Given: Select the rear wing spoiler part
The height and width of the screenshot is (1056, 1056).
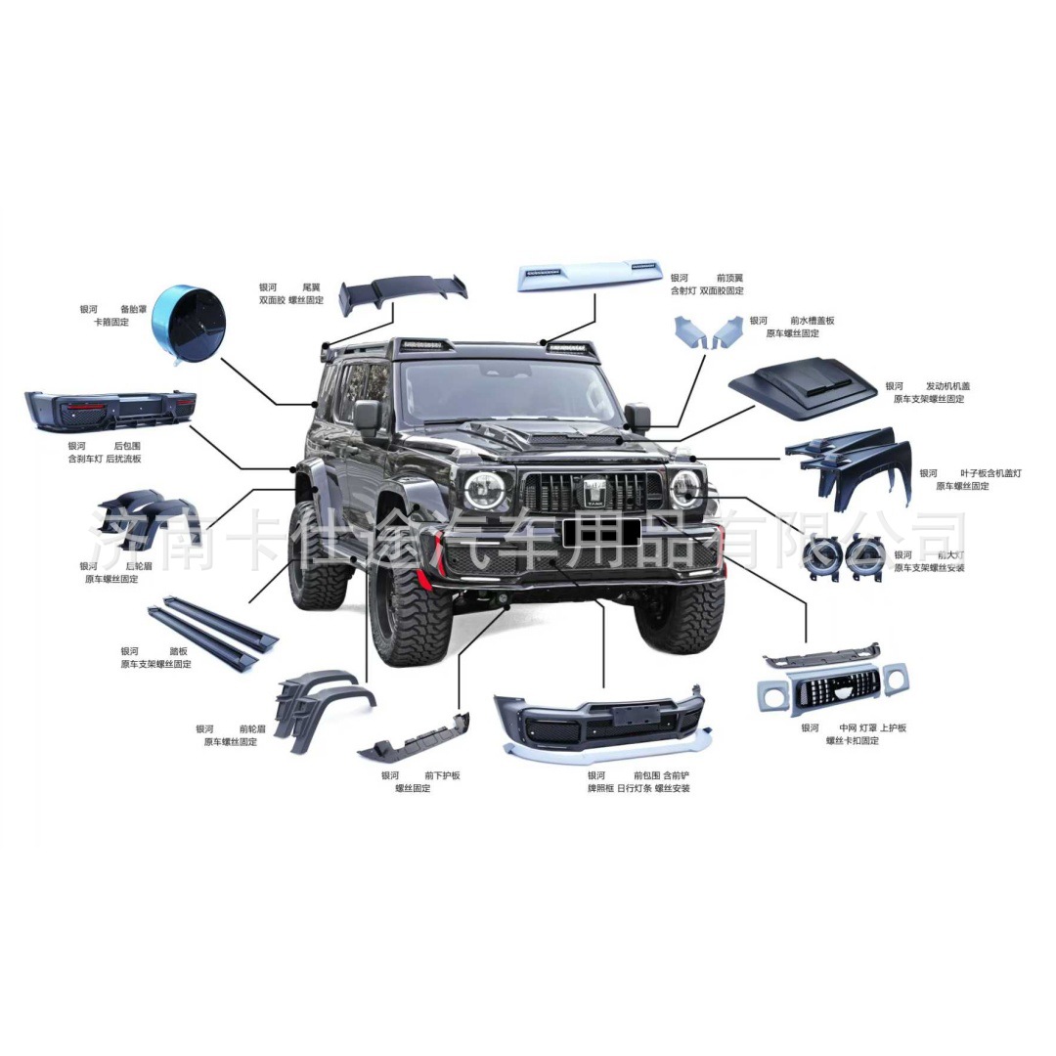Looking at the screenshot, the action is tap(402, 291).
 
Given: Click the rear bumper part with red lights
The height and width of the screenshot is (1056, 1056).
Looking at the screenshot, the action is tap(110, 409).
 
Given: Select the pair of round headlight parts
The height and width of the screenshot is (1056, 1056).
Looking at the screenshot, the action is tap(842, 557).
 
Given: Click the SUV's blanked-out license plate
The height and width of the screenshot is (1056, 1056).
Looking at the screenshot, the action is tap(601, 532).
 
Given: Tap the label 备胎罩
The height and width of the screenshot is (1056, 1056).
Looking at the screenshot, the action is tap(135, 309).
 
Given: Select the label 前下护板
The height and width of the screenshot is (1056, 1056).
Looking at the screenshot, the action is tap(442, 775).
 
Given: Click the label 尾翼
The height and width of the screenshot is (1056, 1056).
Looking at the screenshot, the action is tap(312, 287).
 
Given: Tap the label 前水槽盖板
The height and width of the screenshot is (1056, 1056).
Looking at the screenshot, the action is tap(812, 321).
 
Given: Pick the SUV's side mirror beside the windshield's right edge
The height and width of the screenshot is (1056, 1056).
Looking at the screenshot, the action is tap(638, 418).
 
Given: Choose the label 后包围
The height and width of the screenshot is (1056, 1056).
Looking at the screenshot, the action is tap(127, 446).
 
